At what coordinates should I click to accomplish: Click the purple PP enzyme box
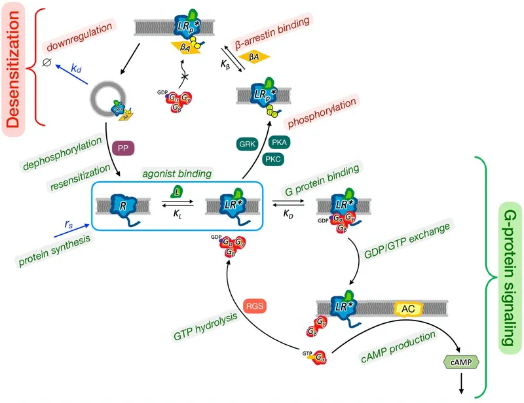[x=123, y=147]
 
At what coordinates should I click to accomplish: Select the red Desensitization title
[x=14, y=63]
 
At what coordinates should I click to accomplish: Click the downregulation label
[x=78, y=36]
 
